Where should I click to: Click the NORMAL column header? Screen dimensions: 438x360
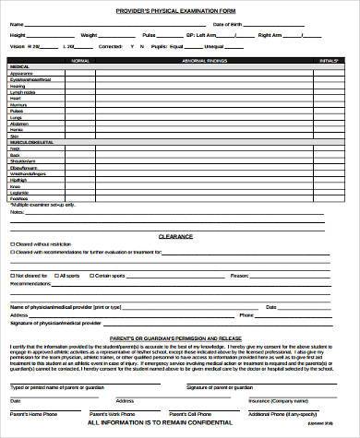[x=80, y=60]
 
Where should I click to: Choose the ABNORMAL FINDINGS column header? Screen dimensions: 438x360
[x=231, y=60]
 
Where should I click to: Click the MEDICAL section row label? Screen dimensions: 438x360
[x=19, y=67]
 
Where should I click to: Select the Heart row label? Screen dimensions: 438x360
[x=16, y=98]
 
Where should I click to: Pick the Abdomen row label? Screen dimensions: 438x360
[x=19, y=123]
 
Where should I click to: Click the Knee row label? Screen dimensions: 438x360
[x=15, y=186]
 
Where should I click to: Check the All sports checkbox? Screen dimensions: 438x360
[x=55, y=275]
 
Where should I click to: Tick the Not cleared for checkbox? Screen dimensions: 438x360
[x=12, y=275]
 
